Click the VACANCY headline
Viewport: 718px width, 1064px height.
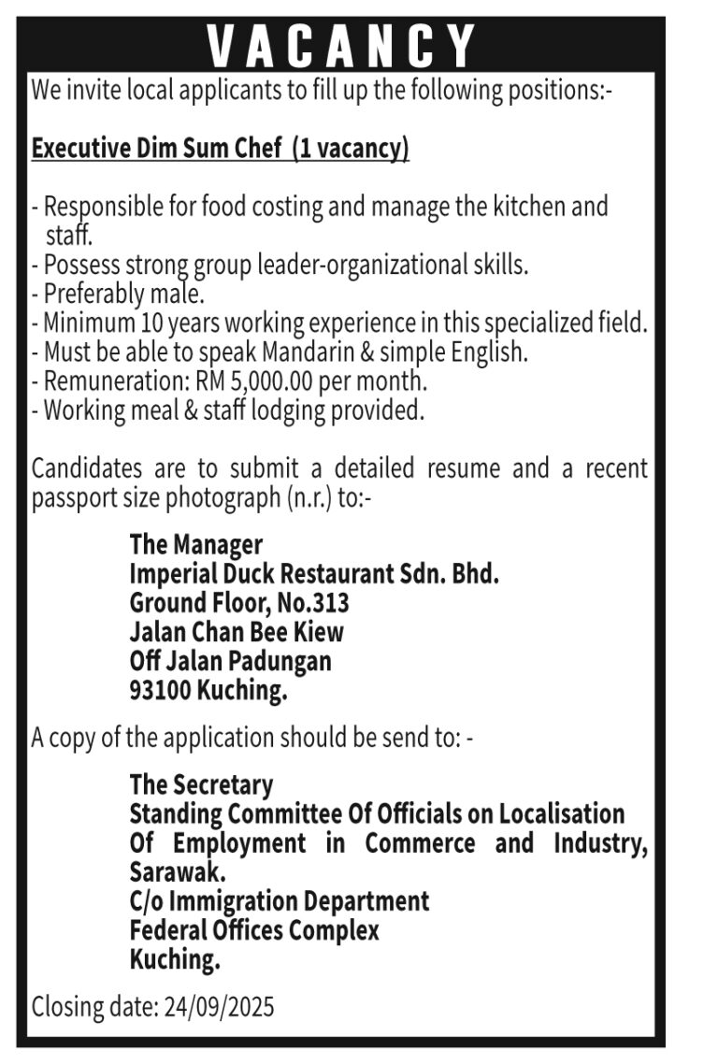coord(341,45)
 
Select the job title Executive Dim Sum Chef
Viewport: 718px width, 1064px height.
coord(157,149)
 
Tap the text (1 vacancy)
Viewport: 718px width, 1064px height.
coord(351,149)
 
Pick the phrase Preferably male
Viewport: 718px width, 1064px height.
coord(123,295)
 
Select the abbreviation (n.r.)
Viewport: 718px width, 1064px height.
coord(311,497)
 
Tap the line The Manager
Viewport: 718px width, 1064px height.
coord(195,543)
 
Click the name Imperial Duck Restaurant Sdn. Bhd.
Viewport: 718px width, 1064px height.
coord(314,573)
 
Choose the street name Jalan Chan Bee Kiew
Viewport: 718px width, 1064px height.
coord(237,631)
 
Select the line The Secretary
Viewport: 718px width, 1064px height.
coord(201,784)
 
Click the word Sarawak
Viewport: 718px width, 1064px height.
coord(177,872)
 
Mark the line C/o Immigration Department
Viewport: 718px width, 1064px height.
coord(280,901)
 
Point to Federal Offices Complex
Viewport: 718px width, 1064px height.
coord(254,930)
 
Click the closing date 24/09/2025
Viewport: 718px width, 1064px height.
coord(219,1007)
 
